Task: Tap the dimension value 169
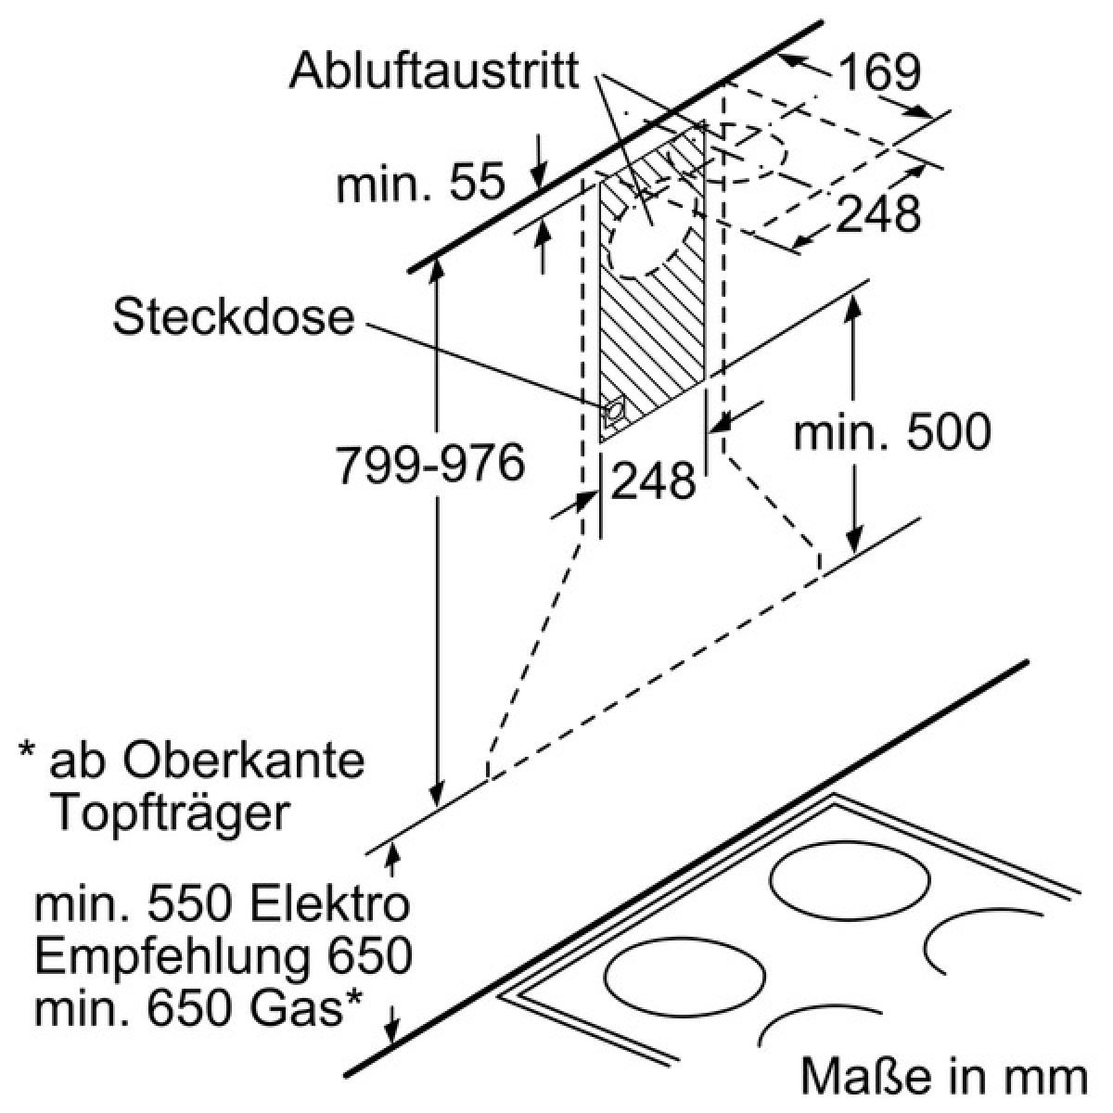coord(878,72)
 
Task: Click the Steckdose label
coord(233,318)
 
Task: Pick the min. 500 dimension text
coord(892,431)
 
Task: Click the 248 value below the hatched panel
coord(653,480)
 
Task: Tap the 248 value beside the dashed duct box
coord(877,213)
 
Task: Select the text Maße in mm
coord(944,1076)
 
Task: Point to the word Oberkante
coord(243,761)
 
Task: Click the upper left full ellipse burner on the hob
coord(850,881)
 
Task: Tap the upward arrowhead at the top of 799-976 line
coord(438,272)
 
